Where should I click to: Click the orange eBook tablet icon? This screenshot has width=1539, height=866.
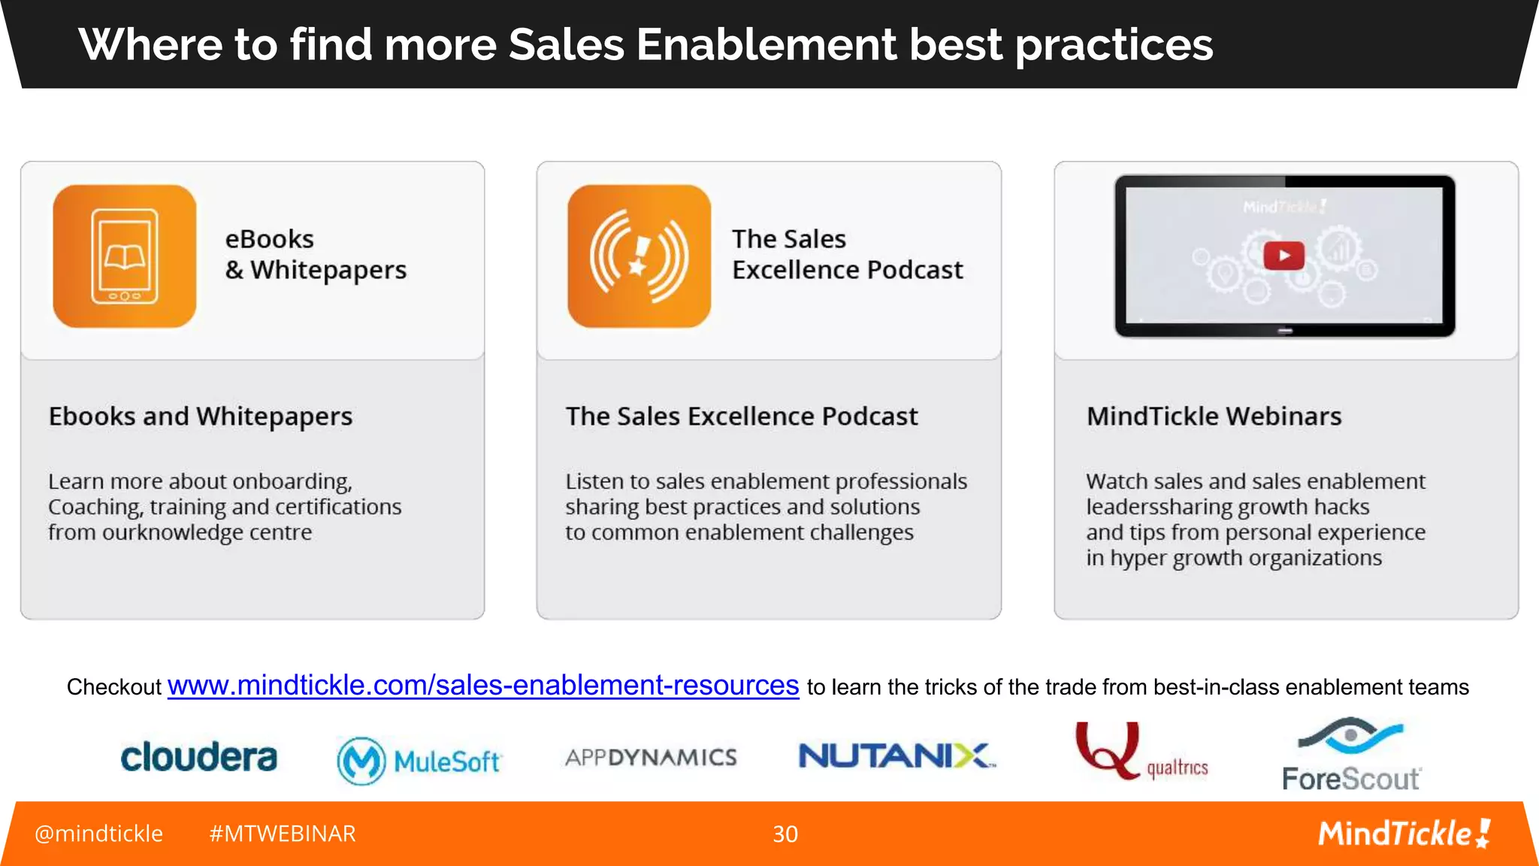125,256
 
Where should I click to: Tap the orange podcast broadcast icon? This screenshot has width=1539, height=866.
639,256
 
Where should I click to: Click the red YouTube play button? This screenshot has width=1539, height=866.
1284,256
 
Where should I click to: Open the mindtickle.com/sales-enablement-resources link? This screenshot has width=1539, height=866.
483,686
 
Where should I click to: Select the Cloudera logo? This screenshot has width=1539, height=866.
199,757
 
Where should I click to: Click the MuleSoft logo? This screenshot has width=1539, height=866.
419,761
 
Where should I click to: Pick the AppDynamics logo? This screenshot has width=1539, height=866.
651,757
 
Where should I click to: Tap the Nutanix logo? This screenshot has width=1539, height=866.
896,755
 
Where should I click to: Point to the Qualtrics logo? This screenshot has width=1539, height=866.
1141,752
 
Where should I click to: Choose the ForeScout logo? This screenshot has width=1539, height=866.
1350,755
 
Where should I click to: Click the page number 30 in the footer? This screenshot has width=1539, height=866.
785,834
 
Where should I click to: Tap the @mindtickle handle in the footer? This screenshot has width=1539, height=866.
98,834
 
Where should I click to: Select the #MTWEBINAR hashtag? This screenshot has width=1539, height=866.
282,834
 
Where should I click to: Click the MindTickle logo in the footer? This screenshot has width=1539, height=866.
1403,834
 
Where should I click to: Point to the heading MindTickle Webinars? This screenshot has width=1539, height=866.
1214,416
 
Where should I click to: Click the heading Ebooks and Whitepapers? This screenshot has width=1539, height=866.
201,416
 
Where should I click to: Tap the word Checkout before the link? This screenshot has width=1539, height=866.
114,687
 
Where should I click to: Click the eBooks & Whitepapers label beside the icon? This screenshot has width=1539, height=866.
316,254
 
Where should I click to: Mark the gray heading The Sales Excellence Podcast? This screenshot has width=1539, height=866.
742,416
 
